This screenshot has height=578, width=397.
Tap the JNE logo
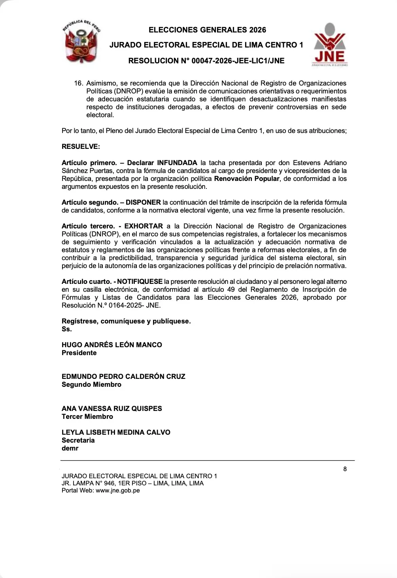[330, 44]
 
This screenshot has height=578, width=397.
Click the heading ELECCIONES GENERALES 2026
[207, 30]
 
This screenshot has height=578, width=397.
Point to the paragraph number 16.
[78, 83]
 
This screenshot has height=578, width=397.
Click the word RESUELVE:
[81, 146]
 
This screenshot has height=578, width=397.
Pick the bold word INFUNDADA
[177, 163]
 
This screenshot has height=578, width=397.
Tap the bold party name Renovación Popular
[246, 179]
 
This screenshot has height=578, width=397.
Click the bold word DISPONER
[143, 202]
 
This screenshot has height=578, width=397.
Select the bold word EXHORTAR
[144, 226]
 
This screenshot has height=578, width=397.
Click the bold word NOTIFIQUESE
[140, 281]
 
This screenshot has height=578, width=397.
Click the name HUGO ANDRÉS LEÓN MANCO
[112, 345]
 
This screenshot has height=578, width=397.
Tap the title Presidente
[79, 353]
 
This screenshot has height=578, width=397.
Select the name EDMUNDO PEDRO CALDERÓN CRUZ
[123, 376]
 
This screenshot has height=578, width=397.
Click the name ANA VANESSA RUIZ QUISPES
[112, 409]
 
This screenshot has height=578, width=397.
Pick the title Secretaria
[78, 440]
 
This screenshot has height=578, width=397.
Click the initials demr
[70, 448]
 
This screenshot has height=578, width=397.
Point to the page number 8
[345, 469]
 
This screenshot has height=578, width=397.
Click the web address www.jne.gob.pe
[117, 490]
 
